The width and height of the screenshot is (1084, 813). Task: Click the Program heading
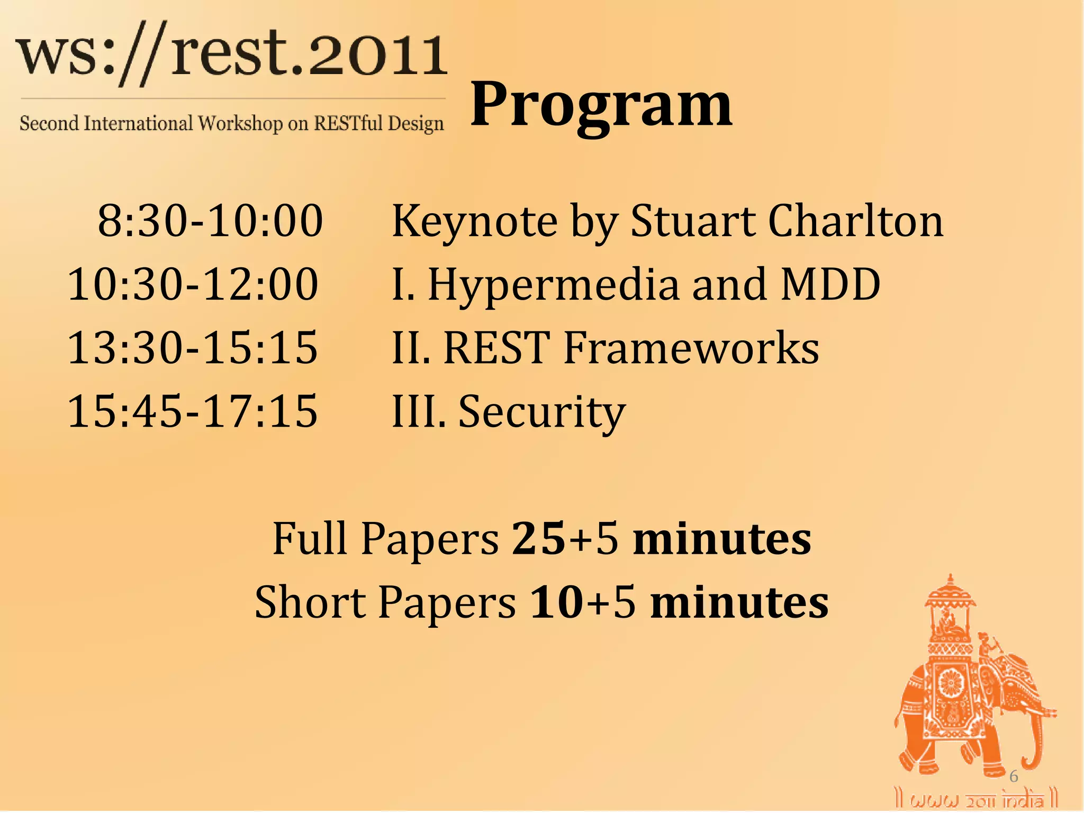pos(601,106)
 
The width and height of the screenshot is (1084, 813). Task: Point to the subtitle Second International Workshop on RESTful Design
pos(232,123)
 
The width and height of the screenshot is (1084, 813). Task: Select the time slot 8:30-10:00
pos(210,221)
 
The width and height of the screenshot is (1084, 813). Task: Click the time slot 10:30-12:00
pos(193,284)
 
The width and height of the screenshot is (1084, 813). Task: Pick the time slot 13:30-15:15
pos(193,348)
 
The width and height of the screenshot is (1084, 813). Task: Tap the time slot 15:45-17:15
pos(193,411)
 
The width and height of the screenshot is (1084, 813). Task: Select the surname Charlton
pos(855,221)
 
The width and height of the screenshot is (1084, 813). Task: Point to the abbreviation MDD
pos(830,284)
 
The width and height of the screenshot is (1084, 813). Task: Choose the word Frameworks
pos(691,348)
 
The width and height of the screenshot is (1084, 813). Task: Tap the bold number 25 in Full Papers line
pos(538,538)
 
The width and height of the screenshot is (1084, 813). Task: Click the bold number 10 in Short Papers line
pos(556,602)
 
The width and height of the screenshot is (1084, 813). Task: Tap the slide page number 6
pos(1013,776)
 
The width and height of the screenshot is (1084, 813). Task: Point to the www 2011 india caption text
pos(977,799)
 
